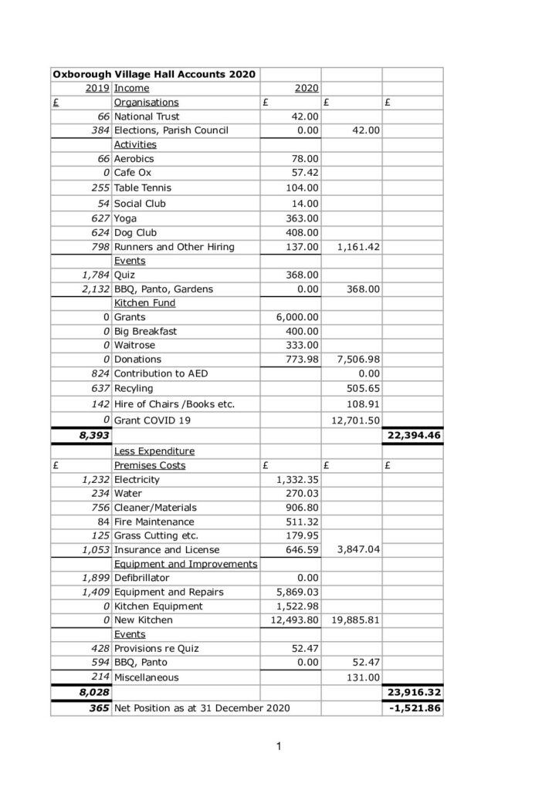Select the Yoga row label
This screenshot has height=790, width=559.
(x=126, y=218)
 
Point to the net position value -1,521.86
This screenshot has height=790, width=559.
(x=414, y=708)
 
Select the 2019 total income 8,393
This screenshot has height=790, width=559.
(x=93, y=436)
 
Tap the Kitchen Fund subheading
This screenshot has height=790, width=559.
(x=144, y=303)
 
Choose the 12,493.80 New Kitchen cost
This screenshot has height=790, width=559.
(x=293, y=620)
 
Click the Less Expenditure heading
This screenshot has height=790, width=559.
(x=154, y=451)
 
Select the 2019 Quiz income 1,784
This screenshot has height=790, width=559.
(x=94, y=275)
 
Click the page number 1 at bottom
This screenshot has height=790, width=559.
(x=279, y=747)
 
